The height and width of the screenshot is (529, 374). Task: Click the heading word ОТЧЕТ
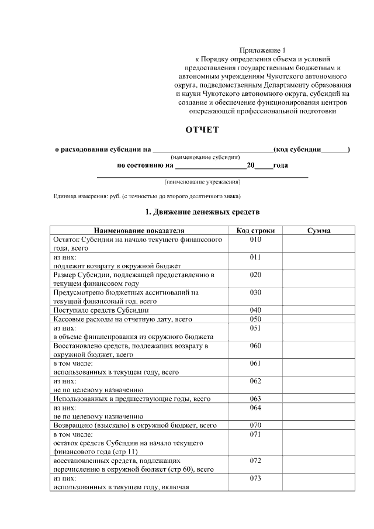tap(202, 130)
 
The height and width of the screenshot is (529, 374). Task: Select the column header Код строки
tap(255, 231)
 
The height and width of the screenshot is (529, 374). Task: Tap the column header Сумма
tap(318, 231)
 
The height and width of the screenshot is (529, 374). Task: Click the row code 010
tap(255, 240)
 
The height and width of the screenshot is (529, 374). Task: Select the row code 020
tap(255, 274)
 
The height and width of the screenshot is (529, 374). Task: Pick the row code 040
tap(255, 310)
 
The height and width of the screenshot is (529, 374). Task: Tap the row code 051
tap(255, 329)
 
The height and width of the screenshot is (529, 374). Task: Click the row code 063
tap(255, 399)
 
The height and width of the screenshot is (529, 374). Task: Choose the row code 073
tap(255, 479)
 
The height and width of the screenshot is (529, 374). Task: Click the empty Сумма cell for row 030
tap(318, 296)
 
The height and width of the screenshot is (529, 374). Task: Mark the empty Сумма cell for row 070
tap(318, 426)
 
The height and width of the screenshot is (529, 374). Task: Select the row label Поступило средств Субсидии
tap(101, 310)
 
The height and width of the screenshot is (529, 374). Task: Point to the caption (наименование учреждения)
tap(202, 182)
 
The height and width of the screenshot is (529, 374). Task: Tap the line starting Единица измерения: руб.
tap(147, 196)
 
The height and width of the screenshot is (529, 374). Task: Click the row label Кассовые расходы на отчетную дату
tap(123, 319)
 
